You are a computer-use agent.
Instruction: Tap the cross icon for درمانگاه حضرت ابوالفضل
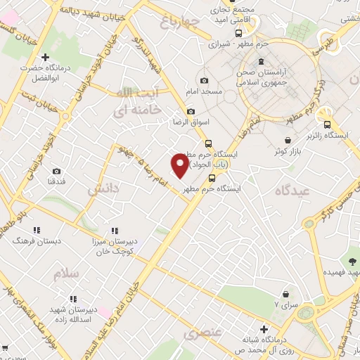coord(46,57)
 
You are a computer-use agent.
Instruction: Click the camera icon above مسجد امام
coord(204,81)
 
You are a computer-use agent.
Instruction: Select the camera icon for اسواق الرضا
coord(191,111)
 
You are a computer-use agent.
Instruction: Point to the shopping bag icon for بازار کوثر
coord(288,139)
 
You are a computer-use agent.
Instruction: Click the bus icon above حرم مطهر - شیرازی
coord(238,32)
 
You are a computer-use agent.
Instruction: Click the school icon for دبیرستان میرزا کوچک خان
coord(115,230)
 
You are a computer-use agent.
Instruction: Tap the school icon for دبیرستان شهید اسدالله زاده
coord(73,299)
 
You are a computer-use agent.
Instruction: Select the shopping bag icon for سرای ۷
coord(285,293)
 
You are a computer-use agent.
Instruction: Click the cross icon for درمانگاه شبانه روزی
coord(264,328)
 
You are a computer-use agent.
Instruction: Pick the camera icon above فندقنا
coord(56,171)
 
